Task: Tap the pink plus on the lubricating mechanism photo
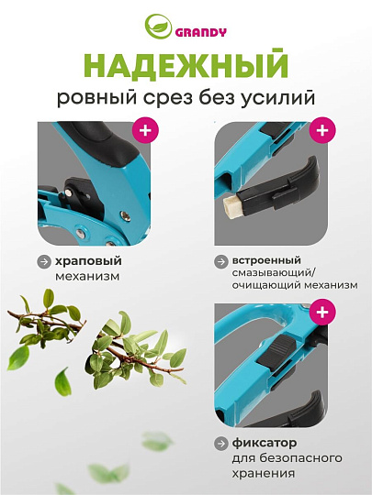(x=321, y=130)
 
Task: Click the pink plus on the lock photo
(x=321, y=313)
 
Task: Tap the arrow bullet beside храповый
(x=43, y=261)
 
